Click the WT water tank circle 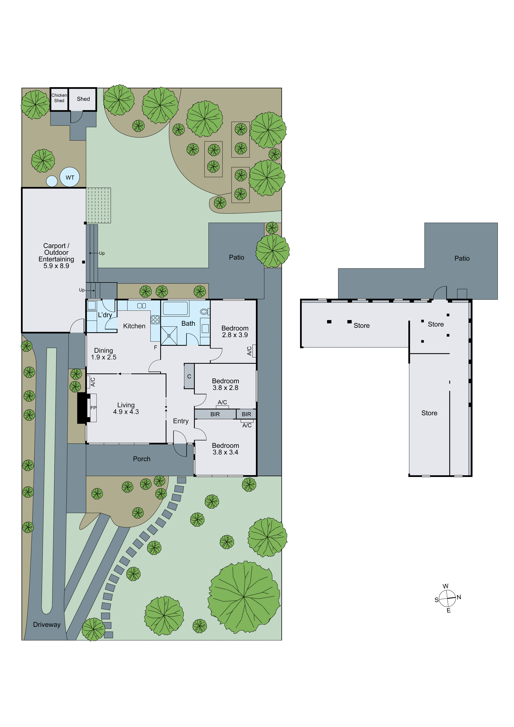pyautogui.click(x=70, y=177)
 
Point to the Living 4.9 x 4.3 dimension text pyautogui.click(x=126, y=412)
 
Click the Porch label pyautogui.click(x=141, y=459)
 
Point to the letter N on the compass pyautogui.click(x=459, y=597)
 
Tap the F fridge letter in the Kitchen pyautogui.click(x=155, y=347)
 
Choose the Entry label pyautogui.click(x=181, y=421)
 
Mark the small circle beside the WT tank pyautogui.click(x=52, y=181)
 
